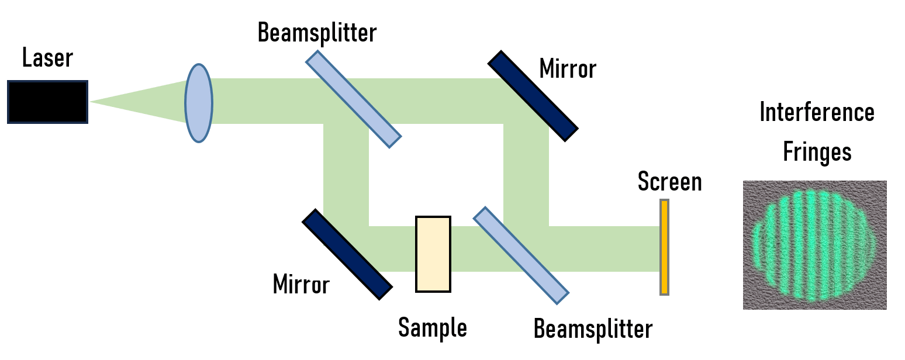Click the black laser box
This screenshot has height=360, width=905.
coord(47,102)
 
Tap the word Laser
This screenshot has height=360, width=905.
coord(48,58)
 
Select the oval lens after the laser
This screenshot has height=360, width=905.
coord(199,103)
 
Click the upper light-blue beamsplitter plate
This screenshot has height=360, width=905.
coord(354,99)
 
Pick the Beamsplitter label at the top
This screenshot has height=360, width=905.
coord(317,33)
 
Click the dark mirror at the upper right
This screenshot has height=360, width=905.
coord(533,96)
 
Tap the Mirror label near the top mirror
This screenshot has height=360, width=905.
coord(568,69)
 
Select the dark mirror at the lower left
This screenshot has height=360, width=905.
coord(347,254)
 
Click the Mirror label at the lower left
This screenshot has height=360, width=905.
coord(301,285)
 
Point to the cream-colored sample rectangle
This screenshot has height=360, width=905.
coord(433,254)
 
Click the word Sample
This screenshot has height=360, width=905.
coord(433,328)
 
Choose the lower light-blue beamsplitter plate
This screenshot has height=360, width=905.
coord(521,255)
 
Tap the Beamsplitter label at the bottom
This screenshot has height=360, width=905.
coord(593,330)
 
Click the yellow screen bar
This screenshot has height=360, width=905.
coord(664,247)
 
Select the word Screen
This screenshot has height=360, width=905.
coord(669,182)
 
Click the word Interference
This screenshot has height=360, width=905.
coord(817,112)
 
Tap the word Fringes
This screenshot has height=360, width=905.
coord(817,152)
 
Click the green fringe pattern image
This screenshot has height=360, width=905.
coord(814,245)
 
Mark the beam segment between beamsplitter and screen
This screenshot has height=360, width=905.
coord(608,249)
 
